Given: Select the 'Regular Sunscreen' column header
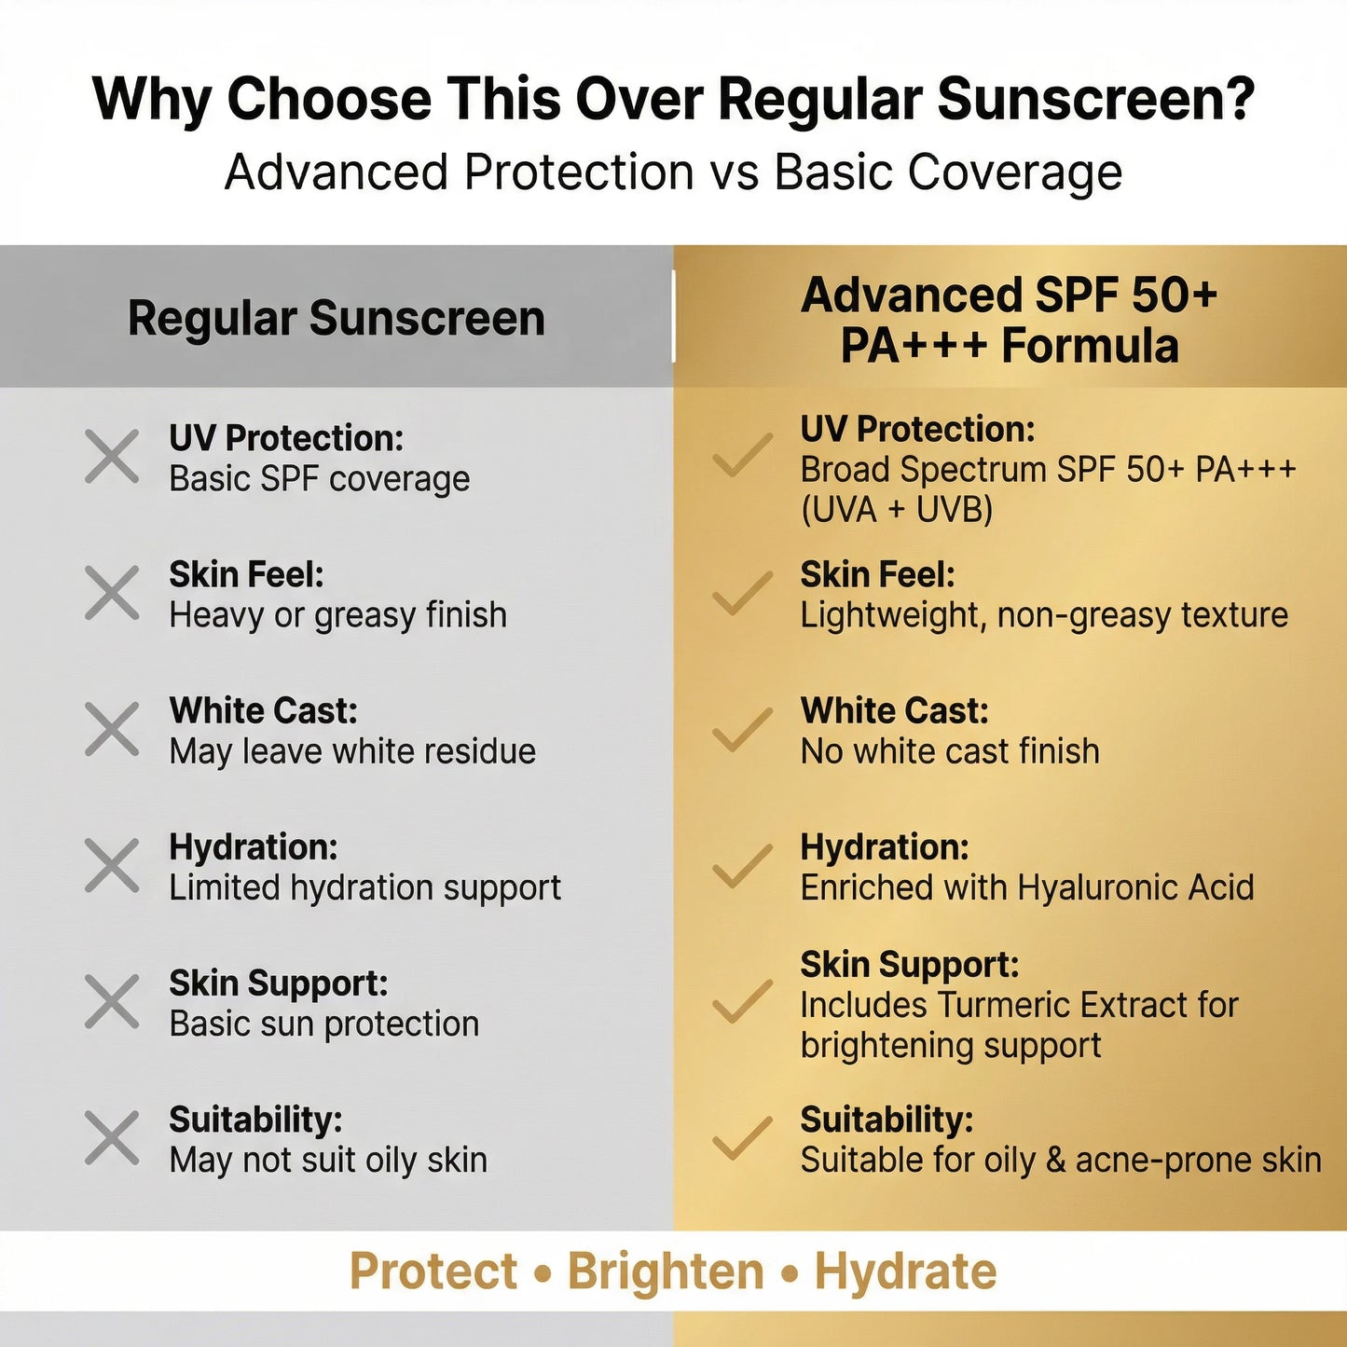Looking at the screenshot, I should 336,318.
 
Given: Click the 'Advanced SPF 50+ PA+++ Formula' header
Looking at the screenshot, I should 1010,320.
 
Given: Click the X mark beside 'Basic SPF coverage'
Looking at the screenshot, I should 112,457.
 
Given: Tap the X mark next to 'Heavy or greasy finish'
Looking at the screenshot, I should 112,593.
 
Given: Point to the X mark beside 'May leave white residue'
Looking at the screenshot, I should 112,729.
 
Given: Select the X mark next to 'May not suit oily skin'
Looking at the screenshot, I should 112,1137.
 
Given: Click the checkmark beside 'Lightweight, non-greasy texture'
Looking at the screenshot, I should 742,593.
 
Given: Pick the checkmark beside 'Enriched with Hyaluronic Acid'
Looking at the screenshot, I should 742,865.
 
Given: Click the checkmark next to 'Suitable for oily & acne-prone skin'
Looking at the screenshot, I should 742,1137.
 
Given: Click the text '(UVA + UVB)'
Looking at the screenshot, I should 897,510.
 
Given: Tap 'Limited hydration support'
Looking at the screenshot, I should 364,887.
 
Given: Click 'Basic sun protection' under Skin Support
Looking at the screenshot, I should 323,1024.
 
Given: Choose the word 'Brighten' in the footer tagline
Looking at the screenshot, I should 666,1271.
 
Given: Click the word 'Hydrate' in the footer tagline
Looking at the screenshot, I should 905,1271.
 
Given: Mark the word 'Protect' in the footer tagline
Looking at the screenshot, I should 433,1271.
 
